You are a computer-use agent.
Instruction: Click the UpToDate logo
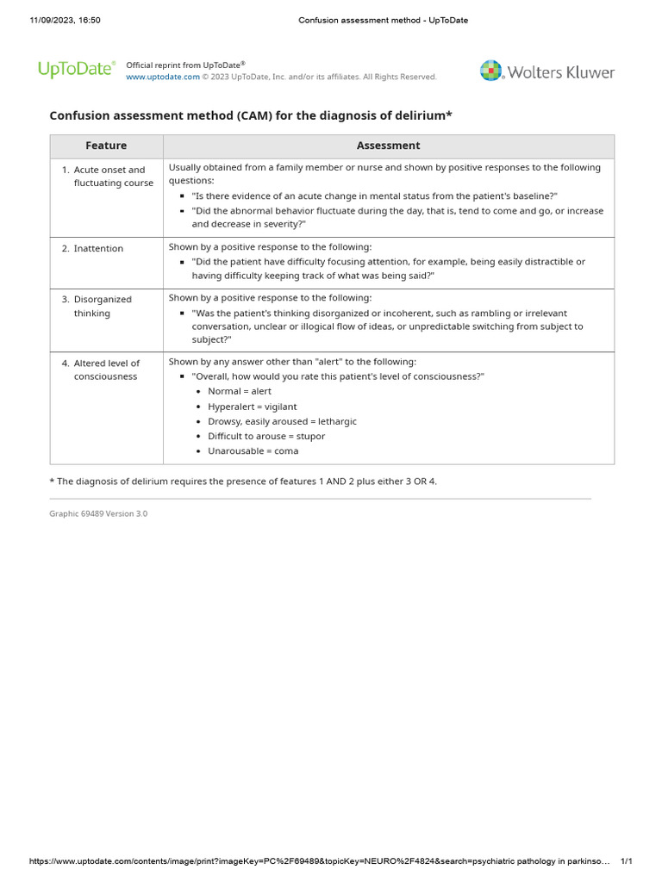pyautogui.click(x=76, y=70)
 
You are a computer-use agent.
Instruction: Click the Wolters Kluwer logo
pyautogui.click(x=547, y=71)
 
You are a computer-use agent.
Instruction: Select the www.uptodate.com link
pyautogui.click(x=163, y=77)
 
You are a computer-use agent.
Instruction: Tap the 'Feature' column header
pyautogui.click(x=106, y=146)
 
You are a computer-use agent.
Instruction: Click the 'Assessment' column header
pyautogui.click(x=389, y=146)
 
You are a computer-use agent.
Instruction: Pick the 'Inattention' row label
pyautogui.click(x=98, y=249)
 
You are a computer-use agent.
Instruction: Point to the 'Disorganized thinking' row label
pyautogui.click(x=103, y=307)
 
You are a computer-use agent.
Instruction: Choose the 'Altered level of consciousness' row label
pyautogui.click(x=106, y=370)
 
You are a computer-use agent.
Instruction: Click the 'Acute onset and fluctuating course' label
pyautogui.click(x=113, y=177)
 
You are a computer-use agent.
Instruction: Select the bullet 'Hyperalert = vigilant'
pyautogui.click(x=252, y=407)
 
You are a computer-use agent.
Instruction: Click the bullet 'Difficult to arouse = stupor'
pyautogui.click(x=266, y=436)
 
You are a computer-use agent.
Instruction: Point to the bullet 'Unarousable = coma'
pyautogui.click(x=253, y=451)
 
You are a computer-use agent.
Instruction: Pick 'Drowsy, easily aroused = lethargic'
pyautogui.click(x=282, y=421)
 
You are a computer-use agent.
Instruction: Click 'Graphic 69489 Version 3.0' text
pyautogui.click(x=98, y=513)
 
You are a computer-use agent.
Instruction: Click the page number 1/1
pyautogui.click(x=627, y=861)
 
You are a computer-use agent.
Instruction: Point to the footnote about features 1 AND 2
pyautogui.click(x=243, y=481)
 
